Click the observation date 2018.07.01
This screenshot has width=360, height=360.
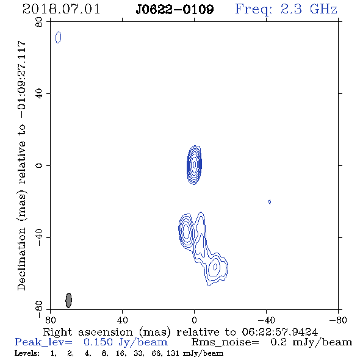coord(61,9)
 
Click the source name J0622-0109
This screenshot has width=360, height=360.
coord(175,9)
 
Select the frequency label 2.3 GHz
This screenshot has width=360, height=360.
coord(309,9)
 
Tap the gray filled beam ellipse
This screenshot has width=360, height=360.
coord(68,300)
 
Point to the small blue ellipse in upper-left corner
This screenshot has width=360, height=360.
coord(59,37)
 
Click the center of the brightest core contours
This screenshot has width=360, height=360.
coord(195,165)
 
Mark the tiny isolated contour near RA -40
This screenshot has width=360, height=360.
coord(270,202)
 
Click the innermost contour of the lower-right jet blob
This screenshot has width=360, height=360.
coord(215,267)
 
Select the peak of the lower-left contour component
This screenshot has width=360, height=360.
coord(186,231)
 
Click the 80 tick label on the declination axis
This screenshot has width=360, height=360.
coord(40,22)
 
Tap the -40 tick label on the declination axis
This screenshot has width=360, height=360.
coord(40,237)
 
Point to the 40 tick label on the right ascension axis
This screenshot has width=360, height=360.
coord(122,320)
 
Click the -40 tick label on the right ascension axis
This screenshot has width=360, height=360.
coord(266,320)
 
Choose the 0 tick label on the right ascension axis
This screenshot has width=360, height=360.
coord(194,320)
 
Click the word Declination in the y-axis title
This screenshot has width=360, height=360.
coord(21,259)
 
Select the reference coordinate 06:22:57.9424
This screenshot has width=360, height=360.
coord(279,332)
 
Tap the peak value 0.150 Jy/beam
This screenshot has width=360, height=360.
coord(125,342)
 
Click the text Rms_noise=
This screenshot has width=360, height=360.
coord(225,342)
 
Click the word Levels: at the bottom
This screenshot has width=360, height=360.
coord(27,353)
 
